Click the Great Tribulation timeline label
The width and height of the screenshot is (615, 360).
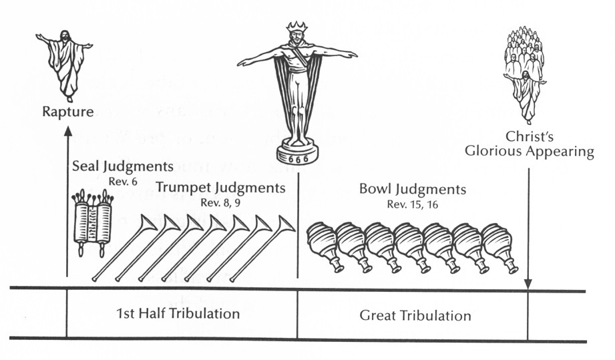(x=414, y=315)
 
